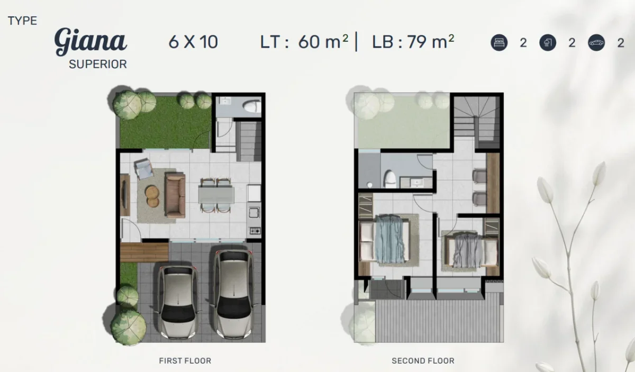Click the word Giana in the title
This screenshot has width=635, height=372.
pyautogui.click(x=90, y=41)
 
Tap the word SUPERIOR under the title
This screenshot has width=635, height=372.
pyautogui.click(x=98, y=65)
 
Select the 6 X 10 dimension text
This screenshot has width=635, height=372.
pyautogui.click(x=193, y=42)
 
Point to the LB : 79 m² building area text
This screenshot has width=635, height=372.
pyautogui.click(x=413, y=41)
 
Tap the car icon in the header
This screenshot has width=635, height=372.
pyautogui.click(x=596, y=43)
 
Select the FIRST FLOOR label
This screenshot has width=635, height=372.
pyautogui.click(x=185, y=361)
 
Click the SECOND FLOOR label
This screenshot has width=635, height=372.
pyautogui.click(x=423, y=361)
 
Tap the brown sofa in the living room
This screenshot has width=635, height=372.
pyautogui.click(x=175, y=194)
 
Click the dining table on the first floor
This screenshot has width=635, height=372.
pyautogui.click(x=216, y=195)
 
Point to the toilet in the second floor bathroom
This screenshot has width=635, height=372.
pyautogui.click(x=390, y=179)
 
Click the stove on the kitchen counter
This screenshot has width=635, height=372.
pyautogui.click(x=255, y=230)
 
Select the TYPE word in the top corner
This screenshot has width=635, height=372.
pyautogui.click(x=22, y=21)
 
